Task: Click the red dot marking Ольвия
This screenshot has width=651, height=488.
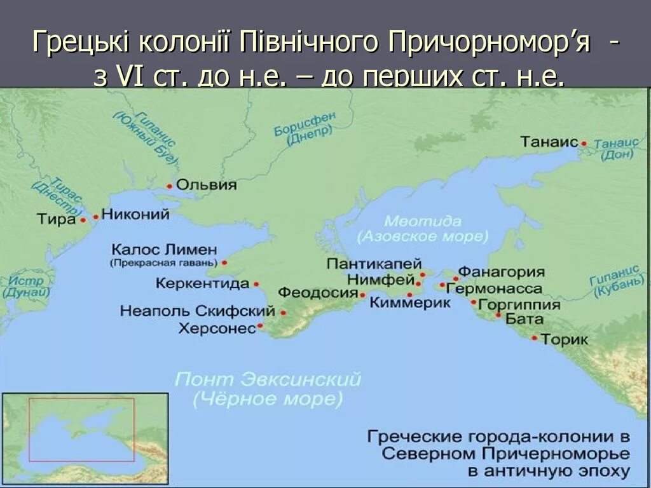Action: click(x=170, y=186)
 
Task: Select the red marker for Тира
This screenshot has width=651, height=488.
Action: click(x=83, y=220)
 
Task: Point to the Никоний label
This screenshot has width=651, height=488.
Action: click(x=135, y=214)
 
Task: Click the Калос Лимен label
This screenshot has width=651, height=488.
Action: click(x=164, y=249)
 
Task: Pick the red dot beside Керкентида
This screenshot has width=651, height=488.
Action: click(x=256, y=284)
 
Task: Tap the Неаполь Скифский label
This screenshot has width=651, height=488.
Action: click(x=198, y=311)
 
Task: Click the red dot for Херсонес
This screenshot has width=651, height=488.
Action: click(x=260, y=327)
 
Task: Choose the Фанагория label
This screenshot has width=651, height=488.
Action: click(x=502, y=272)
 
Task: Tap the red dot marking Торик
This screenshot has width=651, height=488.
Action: click(x=535, y=338)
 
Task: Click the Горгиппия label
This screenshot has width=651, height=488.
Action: click(x=519, y=304)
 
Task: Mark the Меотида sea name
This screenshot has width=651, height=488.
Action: click(x=422, y=221)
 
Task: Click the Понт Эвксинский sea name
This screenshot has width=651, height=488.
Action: click(x=268, y=380)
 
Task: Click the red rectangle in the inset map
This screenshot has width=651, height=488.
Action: click(x=81, y=430)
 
